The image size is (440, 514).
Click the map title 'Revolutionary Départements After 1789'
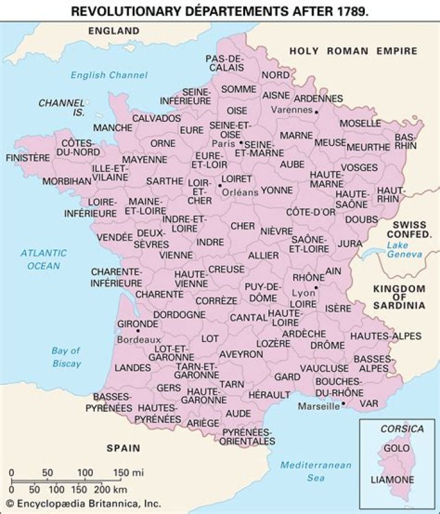click(x=220, y=10)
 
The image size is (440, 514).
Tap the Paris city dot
click(x=241, y=143)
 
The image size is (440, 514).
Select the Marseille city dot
click(x=344, y=404)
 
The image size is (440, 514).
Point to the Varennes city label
click(x=290, y=111)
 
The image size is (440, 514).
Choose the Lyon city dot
click(x=316, y=287)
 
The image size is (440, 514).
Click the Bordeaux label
click(x=139, y=339)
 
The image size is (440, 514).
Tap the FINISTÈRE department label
click(x=28, y=157)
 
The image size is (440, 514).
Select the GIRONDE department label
click(x=138, y=324)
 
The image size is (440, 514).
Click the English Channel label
click(x=109, y=75)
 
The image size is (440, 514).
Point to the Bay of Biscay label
click(x=66, y=357)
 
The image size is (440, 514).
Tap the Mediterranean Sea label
click(x=316, y=471)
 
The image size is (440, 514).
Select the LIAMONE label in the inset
click(x=393, y=480)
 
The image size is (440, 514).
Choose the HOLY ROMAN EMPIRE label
click(x=353, y=51)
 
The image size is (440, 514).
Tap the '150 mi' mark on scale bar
click(x=128, y=472)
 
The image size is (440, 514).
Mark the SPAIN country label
click(x=124, y=448)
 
